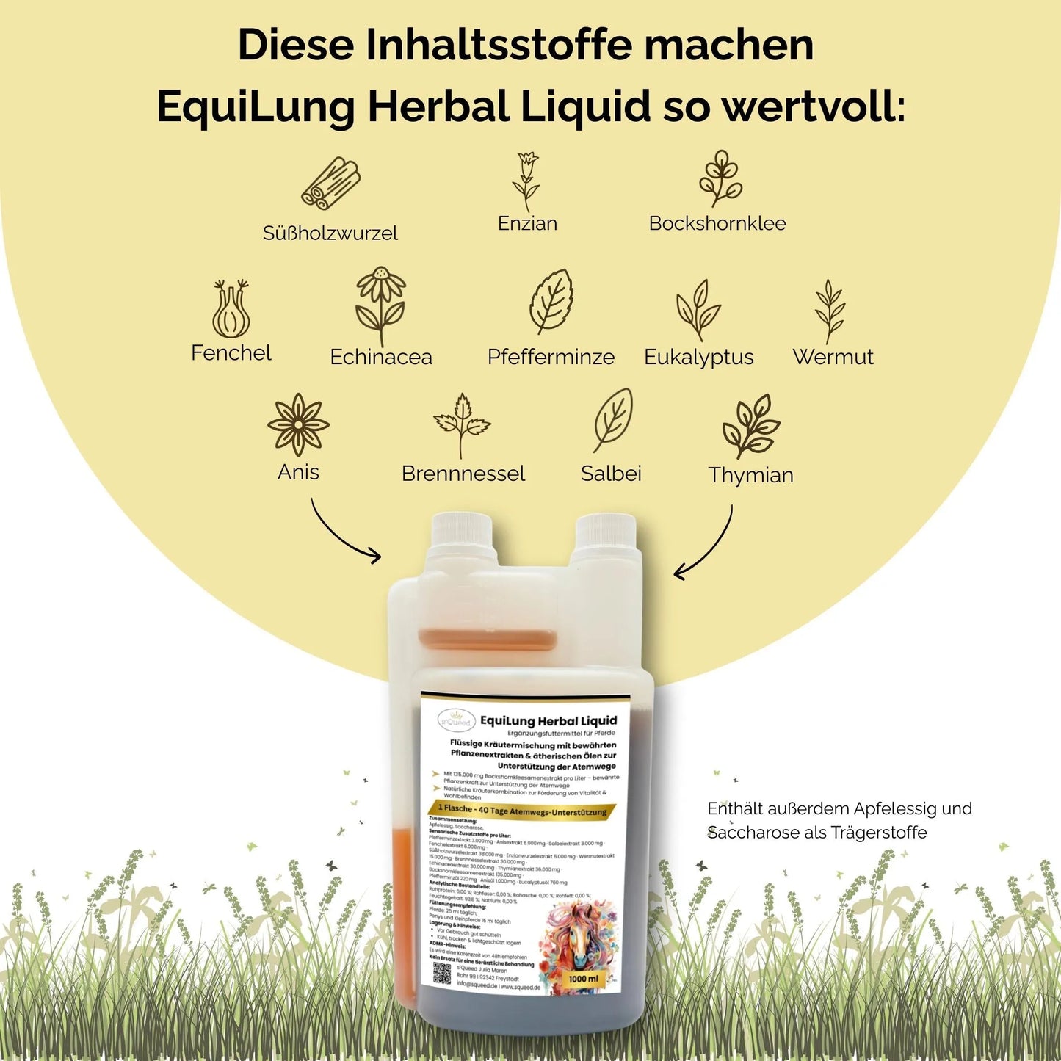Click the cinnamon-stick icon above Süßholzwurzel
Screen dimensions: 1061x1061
click(x=330, y=184)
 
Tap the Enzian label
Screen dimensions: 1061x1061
click(x=527, y=223)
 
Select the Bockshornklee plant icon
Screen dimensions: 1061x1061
click(x=720, y=178)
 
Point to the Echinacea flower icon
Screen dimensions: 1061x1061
click(x=380, y=305)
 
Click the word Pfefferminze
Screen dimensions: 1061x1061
click(x=551, y=357)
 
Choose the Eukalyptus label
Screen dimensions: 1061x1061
click(x=698, y=357)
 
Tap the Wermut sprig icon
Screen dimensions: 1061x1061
click(x=830, y=311)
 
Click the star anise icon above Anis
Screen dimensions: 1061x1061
click(x=298, y=424)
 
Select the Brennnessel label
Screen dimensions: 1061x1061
click(x=463, y=474)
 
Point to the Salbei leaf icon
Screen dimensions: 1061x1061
click(x=612, y=421)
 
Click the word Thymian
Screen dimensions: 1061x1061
click(x=750, y=475)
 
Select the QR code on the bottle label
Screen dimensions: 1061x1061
click(x=441, y=973)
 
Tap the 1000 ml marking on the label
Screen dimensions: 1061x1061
click(x=583, y=979)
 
